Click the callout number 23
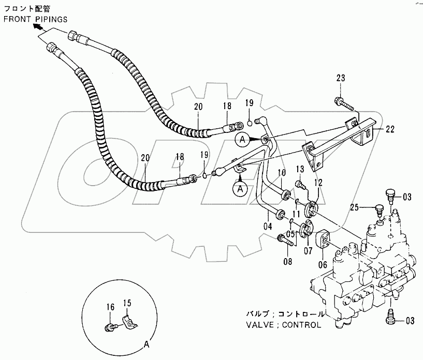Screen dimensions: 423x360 (x=341, y=78)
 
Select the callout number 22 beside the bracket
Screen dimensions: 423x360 (x=389, y=129)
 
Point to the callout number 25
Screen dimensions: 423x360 (x=355, y=207)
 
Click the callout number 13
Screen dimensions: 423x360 (x=300, y=169)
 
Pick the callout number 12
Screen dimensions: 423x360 (x=318, y=183)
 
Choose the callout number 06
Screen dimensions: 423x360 (x=323, y=265)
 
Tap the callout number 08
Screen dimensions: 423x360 (x=288, y=261)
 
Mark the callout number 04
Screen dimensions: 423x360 (x=268, y=227)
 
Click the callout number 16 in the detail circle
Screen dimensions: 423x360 (x=110, y=307)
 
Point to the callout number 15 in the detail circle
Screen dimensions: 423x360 (x=127, y=303)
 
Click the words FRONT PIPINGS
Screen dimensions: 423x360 (x=36, y=20)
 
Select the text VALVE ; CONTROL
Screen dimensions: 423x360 (x=284, y=325)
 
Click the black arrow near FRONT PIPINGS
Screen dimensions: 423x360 (x=38, y=26)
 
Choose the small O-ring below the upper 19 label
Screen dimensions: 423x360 (x=250, y=124)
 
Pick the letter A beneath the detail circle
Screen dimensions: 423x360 (x=147, y=344)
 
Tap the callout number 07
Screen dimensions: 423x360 (x=308, y=251)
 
